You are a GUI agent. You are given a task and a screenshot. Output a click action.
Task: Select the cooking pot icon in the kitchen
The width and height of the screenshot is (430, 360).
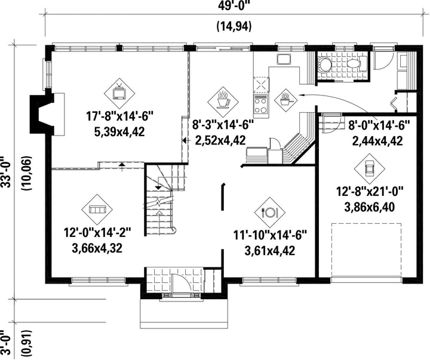(285, 100)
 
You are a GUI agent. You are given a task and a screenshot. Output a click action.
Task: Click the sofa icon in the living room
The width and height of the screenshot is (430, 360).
(97, 210)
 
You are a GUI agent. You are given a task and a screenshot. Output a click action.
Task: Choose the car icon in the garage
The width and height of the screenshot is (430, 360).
(370, 168)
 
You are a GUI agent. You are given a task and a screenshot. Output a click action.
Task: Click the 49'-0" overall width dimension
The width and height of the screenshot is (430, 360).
(235, 6)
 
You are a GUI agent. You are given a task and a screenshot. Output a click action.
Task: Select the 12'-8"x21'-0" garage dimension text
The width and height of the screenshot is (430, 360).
(370, 192)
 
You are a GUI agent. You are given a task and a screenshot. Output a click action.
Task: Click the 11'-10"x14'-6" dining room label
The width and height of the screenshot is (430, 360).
(270, 235)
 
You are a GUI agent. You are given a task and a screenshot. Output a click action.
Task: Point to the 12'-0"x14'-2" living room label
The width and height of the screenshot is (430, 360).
(97, 233)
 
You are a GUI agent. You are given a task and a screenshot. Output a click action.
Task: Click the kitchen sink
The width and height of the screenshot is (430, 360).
(284, 59)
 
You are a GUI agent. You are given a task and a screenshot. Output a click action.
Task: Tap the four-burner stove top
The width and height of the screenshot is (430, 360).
(261, 104)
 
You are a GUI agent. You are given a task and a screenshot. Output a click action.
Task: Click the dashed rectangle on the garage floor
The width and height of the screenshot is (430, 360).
(367, 250)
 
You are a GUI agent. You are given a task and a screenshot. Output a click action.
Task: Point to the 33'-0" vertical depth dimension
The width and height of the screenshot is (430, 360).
(6, 172)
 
